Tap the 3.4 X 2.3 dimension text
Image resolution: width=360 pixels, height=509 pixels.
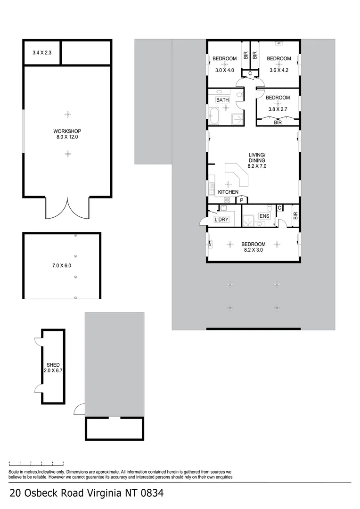tap(41, 53)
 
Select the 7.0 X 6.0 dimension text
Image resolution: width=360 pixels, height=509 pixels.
tap(61, 266)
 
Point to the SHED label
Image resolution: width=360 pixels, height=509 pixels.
tap(53, 365)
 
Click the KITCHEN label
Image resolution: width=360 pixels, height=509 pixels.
tap(228, 192)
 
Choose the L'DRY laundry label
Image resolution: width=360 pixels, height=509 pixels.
tap(221, 220)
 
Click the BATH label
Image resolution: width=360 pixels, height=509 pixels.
tap(222, 100)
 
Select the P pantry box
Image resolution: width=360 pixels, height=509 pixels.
tap(241, 200)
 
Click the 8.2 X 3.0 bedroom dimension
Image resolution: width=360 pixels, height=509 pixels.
tap(254, 250)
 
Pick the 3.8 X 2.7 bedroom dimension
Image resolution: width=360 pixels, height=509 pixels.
tap(278, 109)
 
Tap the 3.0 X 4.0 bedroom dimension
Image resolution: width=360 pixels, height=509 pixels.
tap(225, 70)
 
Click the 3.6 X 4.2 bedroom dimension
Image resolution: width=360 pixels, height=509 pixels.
tap(279, 70)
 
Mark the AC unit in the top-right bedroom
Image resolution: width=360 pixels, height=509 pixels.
tap(278, 43)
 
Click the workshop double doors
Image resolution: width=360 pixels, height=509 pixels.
tap(67, 208)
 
